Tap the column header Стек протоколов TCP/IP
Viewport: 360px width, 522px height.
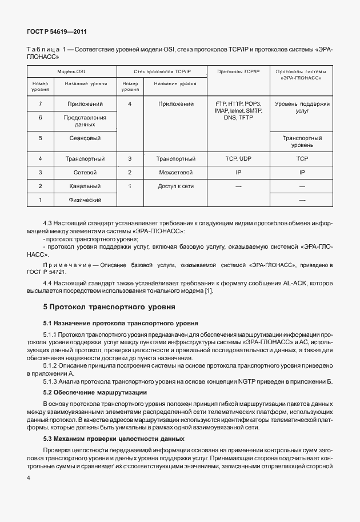pos(162,71)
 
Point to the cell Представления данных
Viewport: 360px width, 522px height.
pos(84,121)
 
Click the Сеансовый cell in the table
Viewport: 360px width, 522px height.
pos(84,138)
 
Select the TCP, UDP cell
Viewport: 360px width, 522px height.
pos(238,158)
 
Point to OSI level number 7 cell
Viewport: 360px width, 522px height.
pos(40,104)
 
